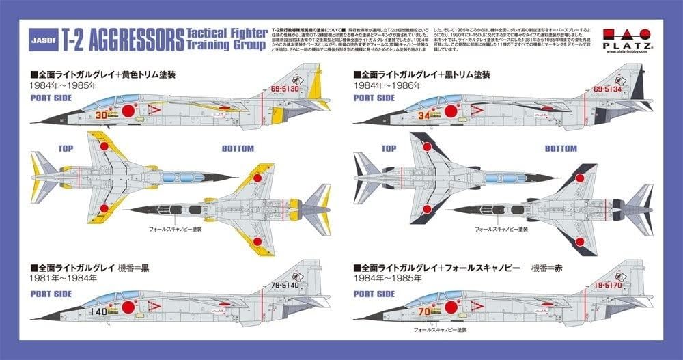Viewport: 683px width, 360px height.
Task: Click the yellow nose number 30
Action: [101, 115]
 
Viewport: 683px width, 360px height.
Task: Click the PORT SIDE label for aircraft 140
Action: [51, 294]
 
